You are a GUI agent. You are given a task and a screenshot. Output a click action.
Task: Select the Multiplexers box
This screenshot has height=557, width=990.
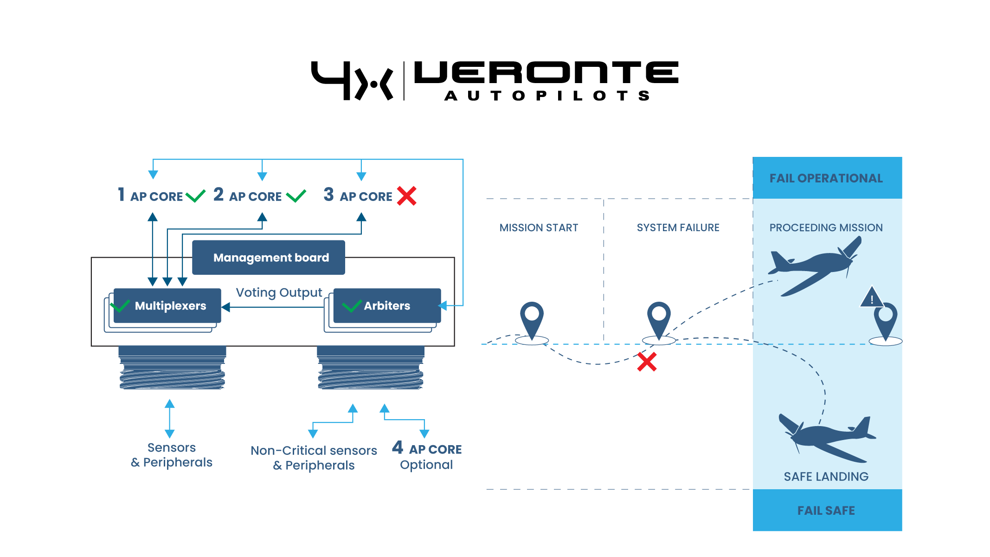[167, 306]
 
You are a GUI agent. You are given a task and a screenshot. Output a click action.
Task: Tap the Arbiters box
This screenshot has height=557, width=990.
[387, 306]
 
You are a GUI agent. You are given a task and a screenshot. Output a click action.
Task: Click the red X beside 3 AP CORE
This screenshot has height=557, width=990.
[406, 196]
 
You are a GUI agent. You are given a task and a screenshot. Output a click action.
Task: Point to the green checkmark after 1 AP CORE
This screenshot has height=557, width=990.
[195, 196]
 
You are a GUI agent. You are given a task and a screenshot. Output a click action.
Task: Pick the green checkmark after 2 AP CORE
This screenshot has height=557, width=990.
[296, 196]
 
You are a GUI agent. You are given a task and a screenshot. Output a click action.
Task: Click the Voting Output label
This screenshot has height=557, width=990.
[278, 292]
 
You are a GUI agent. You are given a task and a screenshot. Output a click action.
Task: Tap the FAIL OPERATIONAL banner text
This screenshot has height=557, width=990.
[826, 178]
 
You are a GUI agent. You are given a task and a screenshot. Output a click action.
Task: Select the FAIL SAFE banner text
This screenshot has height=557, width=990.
[826, 511]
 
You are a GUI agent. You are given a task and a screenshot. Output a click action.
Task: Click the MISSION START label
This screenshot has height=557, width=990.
[539, 228]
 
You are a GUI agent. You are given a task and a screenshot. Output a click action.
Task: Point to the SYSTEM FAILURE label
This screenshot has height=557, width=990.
[678, 228]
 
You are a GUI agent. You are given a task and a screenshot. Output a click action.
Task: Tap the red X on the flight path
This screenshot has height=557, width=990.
[647, 362]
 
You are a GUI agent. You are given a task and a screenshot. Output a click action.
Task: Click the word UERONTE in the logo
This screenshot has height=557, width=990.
[546, 72]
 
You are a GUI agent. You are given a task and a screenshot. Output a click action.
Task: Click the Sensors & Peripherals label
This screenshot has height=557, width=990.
[171, 455]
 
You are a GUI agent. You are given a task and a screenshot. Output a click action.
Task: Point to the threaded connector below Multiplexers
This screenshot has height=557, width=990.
[172, 368]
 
